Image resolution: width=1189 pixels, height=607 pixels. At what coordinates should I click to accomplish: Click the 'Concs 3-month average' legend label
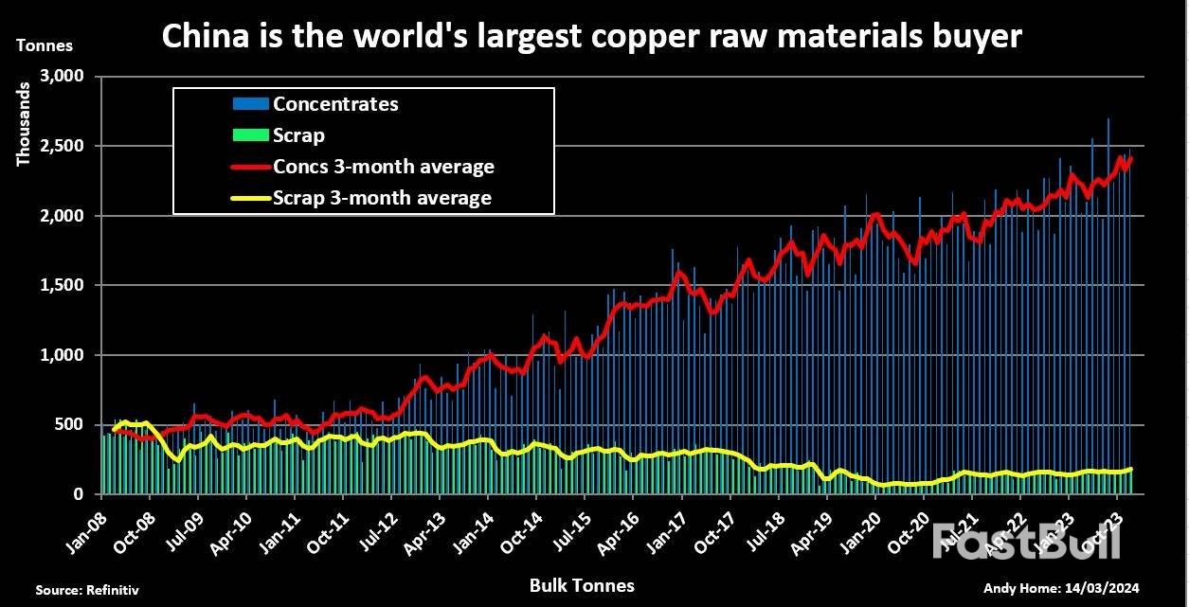pos(384,167)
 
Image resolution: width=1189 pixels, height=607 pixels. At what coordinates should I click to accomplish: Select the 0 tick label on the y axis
pos(81,494)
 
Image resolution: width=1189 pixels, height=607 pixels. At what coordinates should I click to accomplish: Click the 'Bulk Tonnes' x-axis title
pos(582,586)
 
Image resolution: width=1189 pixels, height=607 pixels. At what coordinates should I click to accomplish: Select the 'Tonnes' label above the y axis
pos(45,45)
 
